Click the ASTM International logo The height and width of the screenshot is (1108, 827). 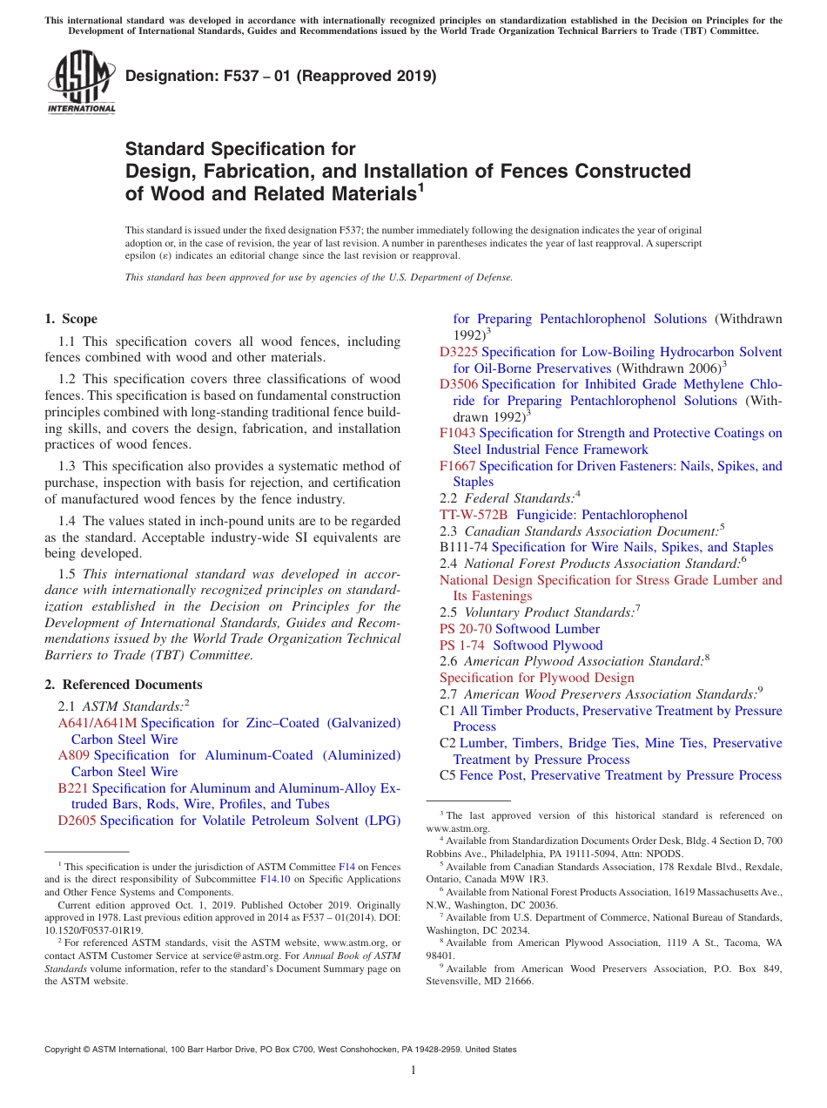pyautogui.click(x=80, y=82)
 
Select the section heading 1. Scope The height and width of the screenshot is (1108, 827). pyautogui.click(x=71, y=319)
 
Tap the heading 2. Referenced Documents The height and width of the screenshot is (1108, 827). pyautogui.click(x=123, y=685)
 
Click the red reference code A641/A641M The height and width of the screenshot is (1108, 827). pyautogui.click(x=97, y=723)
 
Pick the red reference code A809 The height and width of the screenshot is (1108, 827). pyautogui.click(x=74, y=755)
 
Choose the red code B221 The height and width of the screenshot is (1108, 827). pyautogui.click(x=73, y=788)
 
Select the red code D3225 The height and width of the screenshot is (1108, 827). pyautogui.click(x=459, y=352)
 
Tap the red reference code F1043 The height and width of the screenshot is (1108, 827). pyautogui.click(x=458, y=433)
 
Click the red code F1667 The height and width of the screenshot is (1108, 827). pyautogui.click(x=458, y=466)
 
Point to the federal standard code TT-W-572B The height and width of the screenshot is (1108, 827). pyautogui.click(x=474, y=515)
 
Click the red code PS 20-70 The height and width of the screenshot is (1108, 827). pyautogui.click(x=466, y=629)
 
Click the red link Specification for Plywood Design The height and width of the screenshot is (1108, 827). pyautogui.click(x=536, y=678)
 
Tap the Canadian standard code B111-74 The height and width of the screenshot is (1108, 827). pyautogui.click(x=463, y=547)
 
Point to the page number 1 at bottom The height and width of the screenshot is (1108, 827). pyautogui.click(x=413, y=1071)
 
